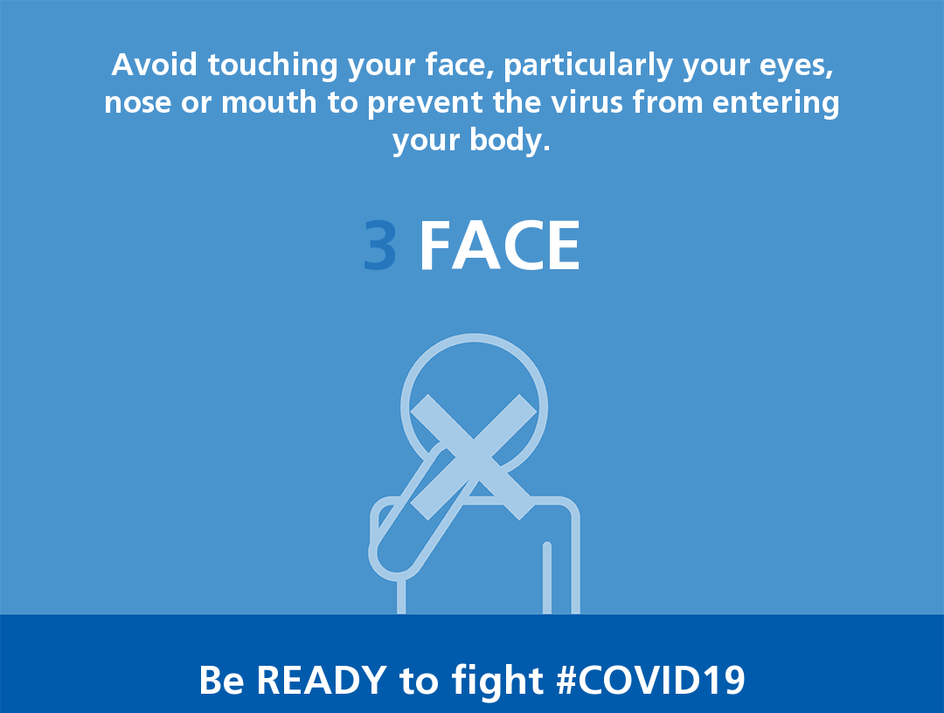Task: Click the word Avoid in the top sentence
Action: pyautogui.click(x=154, y=65)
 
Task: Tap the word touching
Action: pyautogui.click(x=273, y=67)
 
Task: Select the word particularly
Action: pyautogui.click(x=587, y=67)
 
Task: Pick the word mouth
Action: pyautogui.click(x=269, y=101)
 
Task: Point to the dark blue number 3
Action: pyautogui.click(x=380, y=246)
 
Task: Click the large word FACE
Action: pyautogui.click(x=500, y=246)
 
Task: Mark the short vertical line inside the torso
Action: pyautogui.click(x=546, y=578)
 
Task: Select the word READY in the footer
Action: pyautogui.click(x=322, y=680)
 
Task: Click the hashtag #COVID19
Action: pyautogui.click(x=651, y=680)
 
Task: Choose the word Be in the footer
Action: pyautogui.click(x=221, y=680)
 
